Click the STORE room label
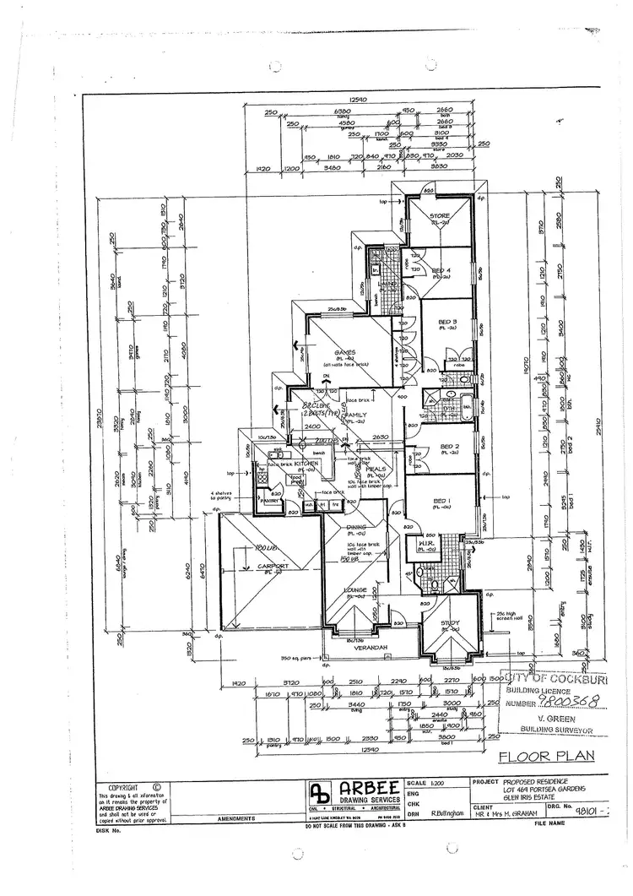(x=441, y=216)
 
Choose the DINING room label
(x=356, y=528)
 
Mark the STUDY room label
(x=448, y=624)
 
